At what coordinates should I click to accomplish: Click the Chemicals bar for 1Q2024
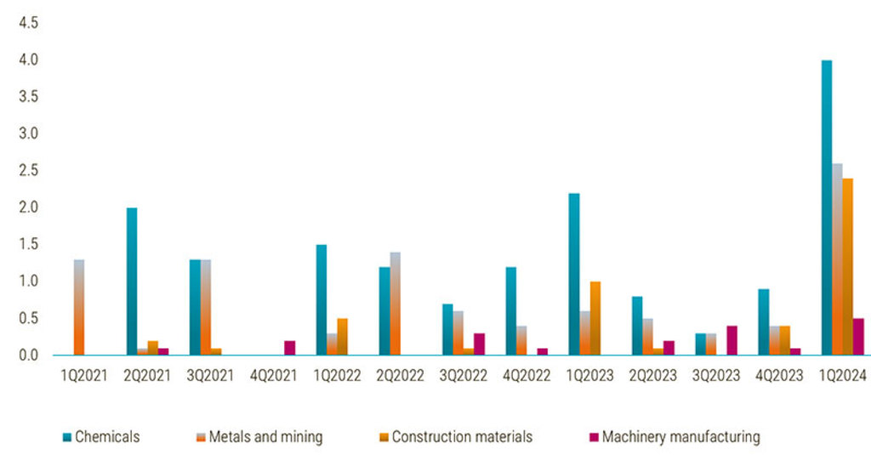[826, 208]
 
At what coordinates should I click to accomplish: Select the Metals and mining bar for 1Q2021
[79, 307]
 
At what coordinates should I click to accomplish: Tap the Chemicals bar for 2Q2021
[132, 281]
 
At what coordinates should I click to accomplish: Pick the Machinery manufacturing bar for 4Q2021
[290, 347]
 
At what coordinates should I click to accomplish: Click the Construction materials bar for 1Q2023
[595, 318]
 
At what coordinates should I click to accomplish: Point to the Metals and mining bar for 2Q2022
[396, 304]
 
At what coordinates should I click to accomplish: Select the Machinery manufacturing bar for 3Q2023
[732, 340]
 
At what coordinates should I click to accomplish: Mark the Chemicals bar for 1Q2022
[322, 299]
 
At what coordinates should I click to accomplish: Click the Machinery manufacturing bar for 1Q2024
[858, 337]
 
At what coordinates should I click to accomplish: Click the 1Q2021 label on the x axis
[84, 376]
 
